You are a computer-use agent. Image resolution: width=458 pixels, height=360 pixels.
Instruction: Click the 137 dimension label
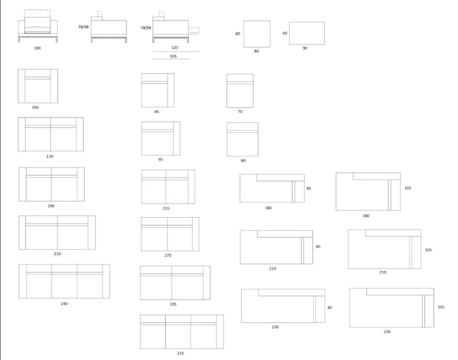[174, 47]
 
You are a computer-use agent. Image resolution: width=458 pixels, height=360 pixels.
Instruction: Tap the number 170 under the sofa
[49, 156]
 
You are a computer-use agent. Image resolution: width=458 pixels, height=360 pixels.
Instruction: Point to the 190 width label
[51, 206]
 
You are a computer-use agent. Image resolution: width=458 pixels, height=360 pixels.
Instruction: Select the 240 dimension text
[64, 304]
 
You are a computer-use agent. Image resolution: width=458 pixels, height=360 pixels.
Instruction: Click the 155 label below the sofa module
[166, 208]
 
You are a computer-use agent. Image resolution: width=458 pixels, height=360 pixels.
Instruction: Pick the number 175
[167, 255]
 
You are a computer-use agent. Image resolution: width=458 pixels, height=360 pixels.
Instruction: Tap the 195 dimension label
[173, 304]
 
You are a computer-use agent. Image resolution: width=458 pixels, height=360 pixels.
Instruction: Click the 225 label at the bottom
[180, 353]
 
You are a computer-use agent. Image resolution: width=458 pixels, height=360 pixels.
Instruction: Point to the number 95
[160, 159]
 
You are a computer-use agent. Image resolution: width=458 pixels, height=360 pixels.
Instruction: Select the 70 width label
[240, 111]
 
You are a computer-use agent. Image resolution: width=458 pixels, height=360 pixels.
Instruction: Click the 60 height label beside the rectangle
[285, 33]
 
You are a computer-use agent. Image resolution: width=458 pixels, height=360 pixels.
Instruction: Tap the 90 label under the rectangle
[304, 48]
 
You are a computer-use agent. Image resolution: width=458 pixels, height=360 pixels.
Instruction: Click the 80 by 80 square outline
[244, 34]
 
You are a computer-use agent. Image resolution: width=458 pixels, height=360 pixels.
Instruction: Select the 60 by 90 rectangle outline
[289, 33]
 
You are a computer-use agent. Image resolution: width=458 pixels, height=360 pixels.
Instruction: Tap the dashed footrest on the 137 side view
[194, 30]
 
